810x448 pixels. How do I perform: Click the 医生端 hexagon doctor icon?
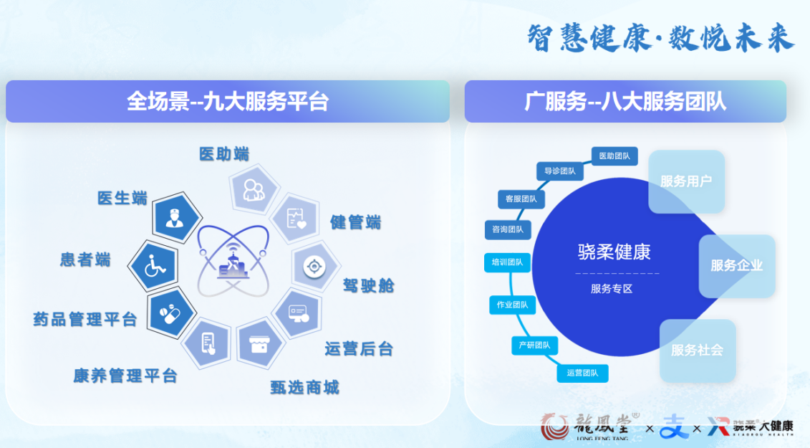[176, 217]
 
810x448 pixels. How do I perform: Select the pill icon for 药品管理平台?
[170, 313]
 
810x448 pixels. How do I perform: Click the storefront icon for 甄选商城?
[259, 344]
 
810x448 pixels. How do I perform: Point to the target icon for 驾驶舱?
[314, 267]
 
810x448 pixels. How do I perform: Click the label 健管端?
[355, 222]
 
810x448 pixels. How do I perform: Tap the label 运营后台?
[359, 348]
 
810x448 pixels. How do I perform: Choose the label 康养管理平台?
[125, 376]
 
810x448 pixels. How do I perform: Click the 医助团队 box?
[614, 156]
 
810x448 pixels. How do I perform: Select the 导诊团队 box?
[560, 171]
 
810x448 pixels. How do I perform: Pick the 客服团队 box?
[521, 199]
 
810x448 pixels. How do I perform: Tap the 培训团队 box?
[507, 262]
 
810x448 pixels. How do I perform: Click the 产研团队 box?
[535, 345]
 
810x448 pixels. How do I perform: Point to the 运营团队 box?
[582, 373]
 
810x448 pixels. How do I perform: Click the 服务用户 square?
[687, 181]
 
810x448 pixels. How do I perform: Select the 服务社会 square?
[698, 351]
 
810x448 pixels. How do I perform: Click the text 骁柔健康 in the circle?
[614, 252]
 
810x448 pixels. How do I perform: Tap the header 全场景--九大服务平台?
[228, 101]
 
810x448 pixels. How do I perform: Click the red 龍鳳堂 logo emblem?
[554, 426]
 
